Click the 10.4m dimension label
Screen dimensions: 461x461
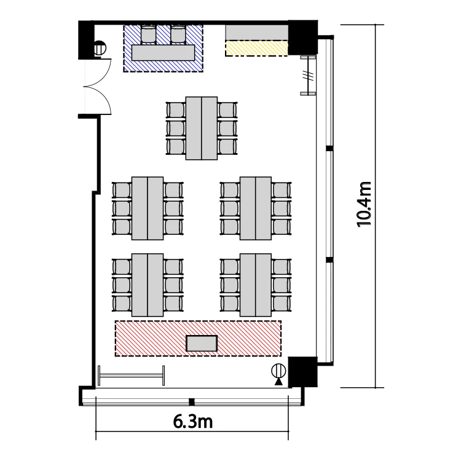point(364,204)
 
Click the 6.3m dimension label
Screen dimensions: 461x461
point(192,422)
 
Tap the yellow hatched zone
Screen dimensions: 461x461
point(256,48)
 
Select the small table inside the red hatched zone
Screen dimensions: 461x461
point(202,344)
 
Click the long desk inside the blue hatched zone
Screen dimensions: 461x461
point(163,53)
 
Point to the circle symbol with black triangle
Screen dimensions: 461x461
point(278,374)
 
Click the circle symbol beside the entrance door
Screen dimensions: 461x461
point(100,48)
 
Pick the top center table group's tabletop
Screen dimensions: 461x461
point(202,128)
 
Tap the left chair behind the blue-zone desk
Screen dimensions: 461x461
point(149,34)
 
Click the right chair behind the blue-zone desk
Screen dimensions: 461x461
point(178,34)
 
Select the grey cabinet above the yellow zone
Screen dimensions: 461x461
point(257,32)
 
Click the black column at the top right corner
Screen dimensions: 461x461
point(302,37)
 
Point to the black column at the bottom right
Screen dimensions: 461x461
point(302,372)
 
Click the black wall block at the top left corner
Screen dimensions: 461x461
point(86,40)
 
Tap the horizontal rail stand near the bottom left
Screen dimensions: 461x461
point(131,376)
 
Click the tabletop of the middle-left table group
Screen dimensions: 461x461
point(148,208)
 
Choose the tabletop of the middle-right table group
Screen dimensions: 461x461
point(256,208)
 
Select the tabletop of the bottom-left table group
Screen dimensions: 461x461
point(148,285)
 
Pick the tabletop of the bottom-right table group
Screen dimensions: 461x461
point(256,285)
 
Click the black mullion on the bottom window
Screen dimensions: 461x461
point(191,401)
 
